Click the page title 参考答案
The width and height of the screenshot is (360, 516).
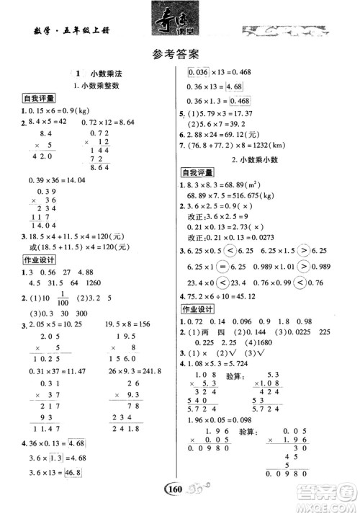[x=179, y=53]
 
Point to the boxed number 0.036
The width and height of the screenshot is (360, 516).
[x=198, y=72]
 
